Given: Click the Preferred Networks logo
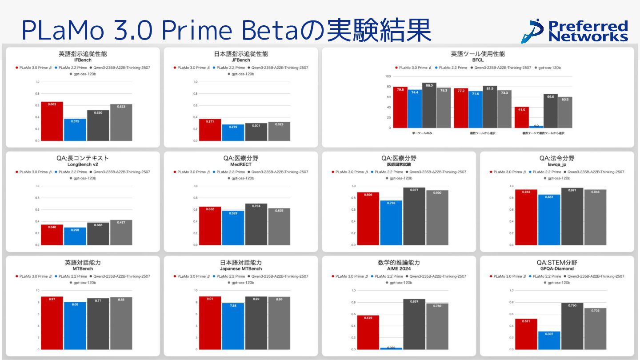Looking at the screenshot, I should coord(574,31).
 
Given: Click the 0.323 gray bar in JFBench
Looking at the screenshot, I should coord(279,131).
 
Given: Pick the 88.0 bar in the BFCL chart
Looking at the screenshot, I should coord(429,105).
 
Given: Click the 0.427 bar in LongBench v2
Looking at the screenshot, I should coord(121,232).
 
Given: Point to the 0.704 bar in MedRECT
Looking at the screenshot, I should coord(256,224).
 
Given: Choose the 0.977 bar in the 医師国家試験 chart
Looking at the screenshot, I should coord(414,216).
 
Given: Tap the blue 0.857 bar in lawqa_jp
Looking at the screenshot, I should coord(549,220).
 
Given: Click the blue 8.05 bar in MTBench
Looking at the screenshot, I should coord(75,326).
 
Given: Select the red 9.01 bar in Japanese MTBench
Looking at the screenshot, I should coord(210,323).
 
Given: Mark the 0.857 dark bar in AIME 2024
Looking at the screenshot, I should coord(414,324).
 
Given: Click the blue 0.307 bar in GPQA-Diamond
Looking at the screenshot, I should coord(549,340).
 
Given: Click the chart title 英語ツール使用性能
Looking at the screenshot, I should coord(478,54).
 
